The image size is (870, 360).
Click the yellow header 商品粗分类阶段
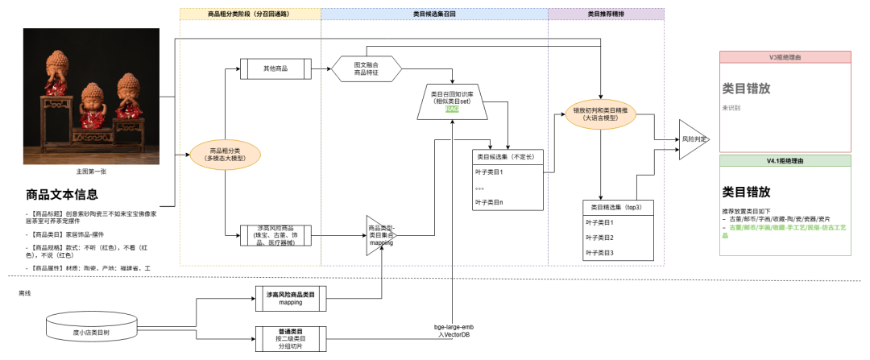click(x=250, y=14)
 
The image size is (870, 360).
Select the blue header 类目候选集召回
click(x=433, y=14)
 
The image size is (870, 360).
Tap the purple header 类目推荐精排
click(x=606, y=14)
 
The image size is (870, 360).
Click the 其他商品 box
click(x=275, y=68)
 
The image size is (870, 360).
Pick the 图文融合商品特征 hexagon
click(x=367, y=68)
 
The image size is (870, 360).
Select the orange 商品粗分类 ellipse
click(x=225, y=154)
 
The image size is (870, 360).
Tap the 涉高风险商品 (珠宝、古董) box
click(x=275, y=236)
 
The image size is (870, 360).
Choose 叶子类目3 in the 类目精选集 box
click(x=600, y=253)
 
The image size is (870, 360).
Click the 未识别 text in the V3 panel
click(x=731, y=107)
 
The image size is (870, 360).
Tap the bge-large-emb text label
click(x=456, y=328)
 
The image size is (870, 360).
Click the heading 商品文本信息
click(x=62, y=194)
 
